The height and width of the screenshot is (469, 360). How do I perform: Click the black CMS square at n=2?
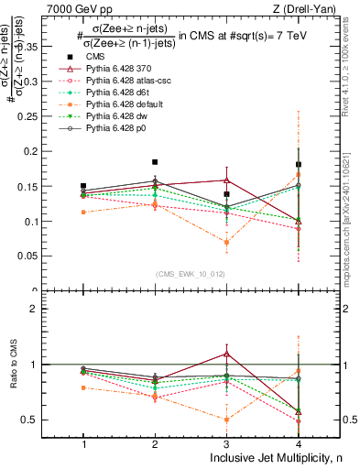tap(155, 162)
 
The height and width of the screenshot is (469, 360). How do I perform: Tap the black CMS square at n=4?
tap(299, 164)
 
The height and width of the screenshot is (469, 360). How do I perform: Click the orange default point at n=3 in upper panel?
tap(226, 243)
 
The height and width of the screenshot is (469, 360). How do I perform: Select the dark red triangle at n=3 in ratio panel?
tap(226, 354)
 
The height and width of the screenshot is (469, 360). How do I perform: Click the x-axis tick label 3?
tap(226, 444)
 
